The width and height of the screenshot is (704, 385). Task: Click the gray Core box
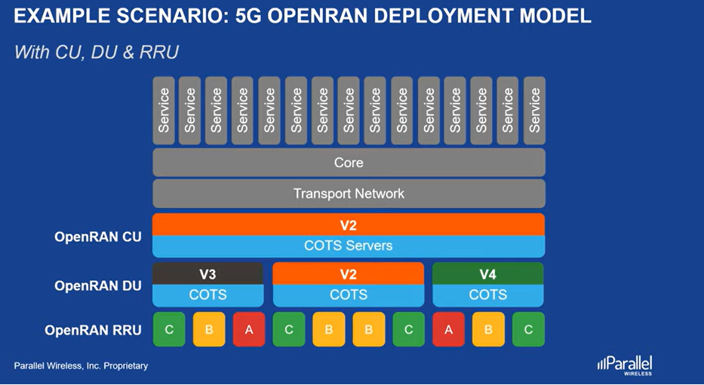(349, 162)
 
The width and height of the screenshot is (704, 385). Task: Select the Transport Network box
(349, 194)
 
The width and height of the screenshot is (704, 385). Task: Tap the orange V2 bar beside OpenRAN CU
(349, 225)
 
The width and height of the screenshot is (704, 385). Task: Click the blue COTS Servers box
(349, 246)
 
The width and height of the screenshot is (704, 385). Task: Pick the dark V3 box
(208, 273)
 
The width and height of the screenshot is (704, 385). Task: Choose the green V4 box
(488, 273)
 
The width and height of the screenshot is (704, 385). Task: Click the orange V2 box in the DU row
(349, 273)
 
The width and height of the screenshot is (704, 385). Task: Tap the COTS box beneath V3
(208, 295)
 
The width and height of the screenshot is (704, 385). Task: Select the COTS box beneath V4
(488, 295)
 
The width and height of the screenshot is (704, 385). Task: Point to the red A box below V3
(249, 329)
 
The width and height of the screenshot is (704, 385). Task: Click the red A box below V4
(448, 329)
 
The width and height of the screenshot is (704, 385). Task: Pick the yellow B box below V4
(488, 329)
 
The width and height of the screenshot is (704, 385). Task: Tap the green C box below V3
(169, 329)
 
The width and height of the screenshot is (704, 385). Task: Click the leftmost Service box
(164, 111)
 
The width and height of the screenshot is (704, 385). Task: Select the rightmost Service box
(534, 111)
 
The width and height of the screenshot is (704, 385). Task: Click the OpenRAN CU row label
(98, 237)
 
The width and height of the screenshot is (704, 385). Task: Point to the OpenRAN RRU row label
(93, 330)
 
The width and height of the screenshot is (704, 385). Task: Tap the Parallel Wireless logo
(625, 365)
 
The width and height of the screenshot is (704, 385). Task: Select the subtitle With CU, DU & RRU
(97, 52)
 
